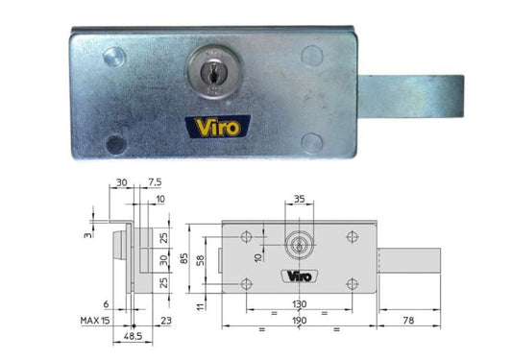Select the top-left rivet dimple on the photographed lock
[114, 55]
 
